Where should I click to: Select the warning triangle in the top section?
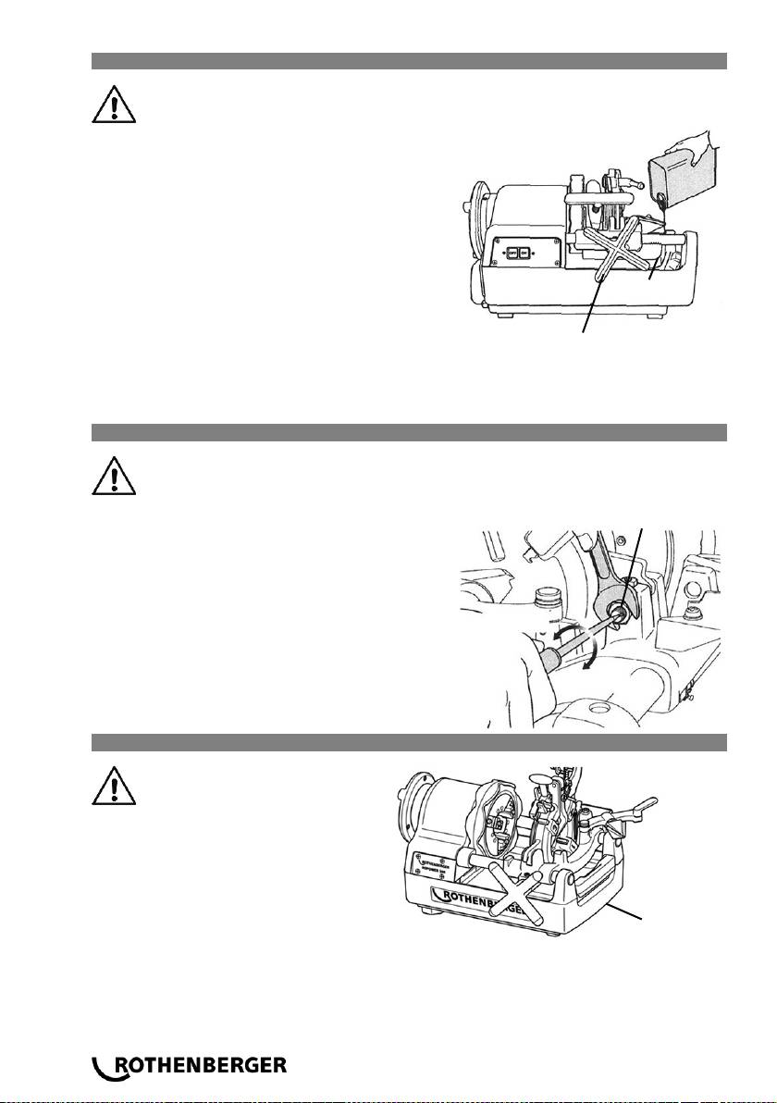click(114, 106)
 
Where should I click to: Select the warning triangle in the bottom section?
click(114, 789)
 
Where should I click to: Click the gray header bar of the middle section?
click(408, 432)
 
